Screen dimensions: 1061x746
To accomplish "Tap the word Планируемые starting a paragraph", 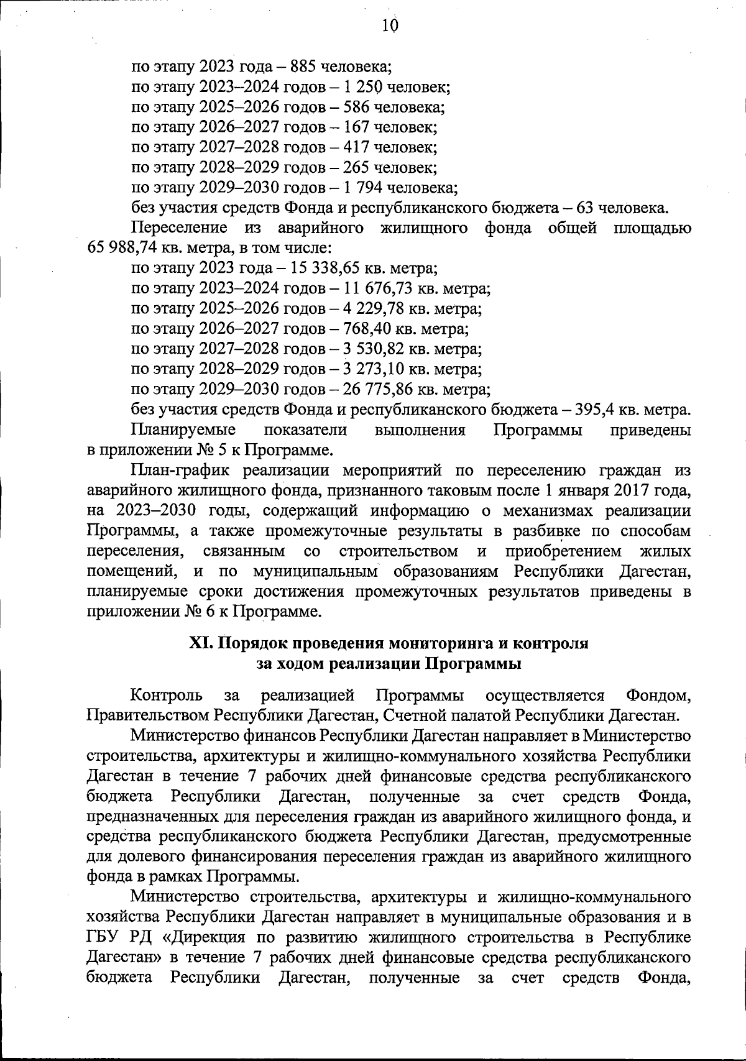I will click(x=183, y=430).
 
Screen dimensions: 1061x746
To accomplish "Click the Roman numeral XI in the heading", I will click(x=201, y=643).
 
